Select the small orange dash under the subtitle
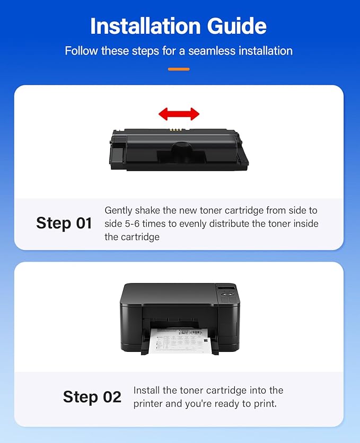pyautogui.click(x=179, y=69)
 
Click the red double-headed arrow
pyautogui.click(x=179, y=113)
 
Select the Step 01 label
pyautogui.click(x=64, y=223)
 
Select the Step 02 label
pyautogui.click(x=92, y=397)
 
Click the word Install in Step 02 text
pyautogui.click(x=148, y=391)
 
